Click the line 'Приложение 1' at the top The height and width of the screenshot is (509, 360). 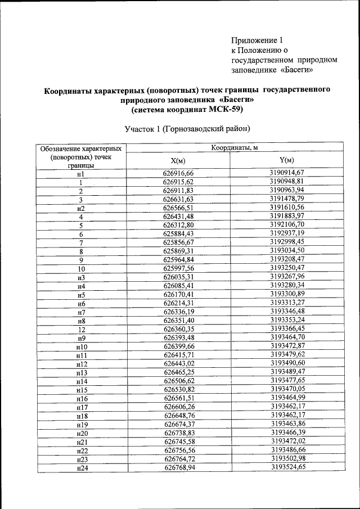pyautogui.click(x=256, y=40)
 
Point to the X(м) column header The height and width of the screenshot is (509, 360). pyautogui.click(x=178, y=161)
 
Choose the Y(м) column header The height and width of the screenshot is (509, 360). pyautogui.click(x=286, y=160)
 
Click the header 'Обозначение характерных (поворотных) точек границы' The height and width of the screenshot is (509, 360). pyautogui.click(x=82, y=157)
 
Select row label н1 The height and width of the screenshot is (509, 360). pyautogui.click(x=81, y=174)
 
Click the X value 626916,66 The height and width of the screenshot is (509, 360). pyautogui.click(x=178, y=173)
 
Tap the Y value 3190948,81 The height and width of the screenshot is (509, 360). pyautogui.click(x=286, y=182)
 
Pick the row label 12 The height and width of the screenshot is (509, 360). pyautogui.click(x=81, y=328)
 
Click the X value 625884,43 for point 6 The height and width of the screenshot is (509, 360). pyautogui.click(x=178, y=233)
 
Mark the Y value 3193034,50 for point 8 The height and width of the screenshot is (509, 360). pyautogui.click(x=286, y=250)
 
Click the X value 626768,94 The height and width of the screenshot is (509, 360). pyautogui.click(x=178, y=467)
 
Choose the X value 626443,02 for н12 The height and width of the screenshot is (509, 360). pyautogui.click(x=178, y=363)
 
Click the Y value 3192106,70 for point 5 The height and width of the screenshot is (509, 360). pyautogui.click(x=286, y=224)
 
